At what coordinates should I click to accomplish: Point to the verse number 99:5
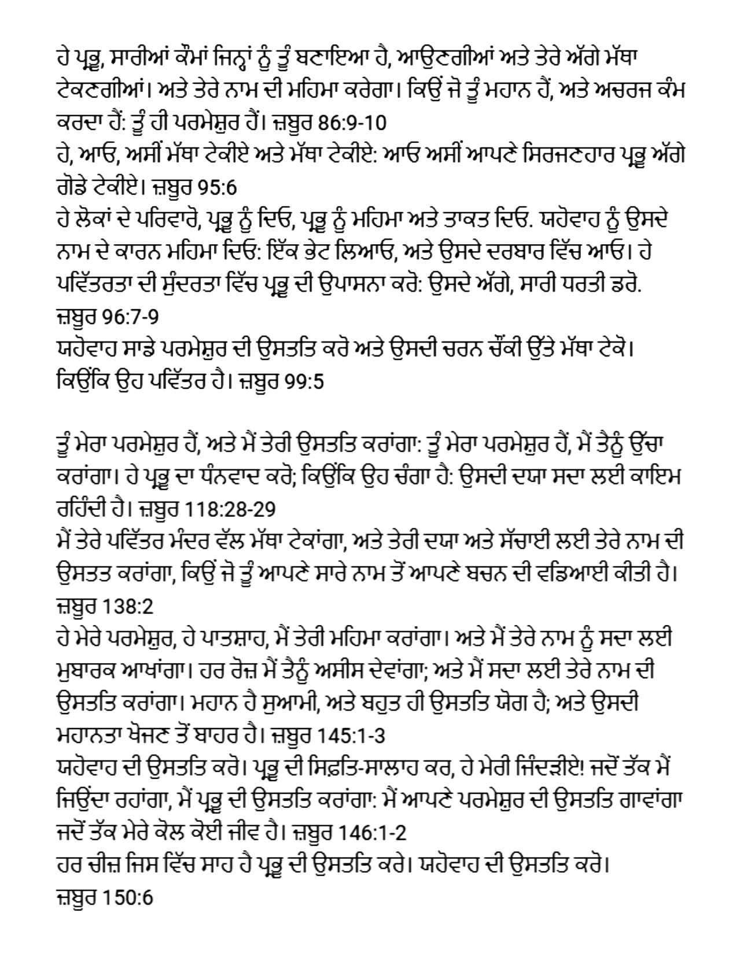pos(305,381)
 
